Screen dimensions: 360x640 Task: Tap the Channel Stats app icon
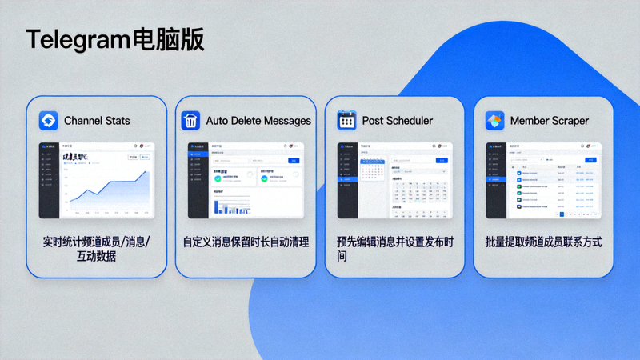tap(49, 121)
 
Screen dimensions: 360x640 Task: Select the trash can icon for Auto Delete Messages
tap(190, 121)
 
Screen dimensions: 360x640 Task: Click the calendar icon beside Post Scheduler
tap(346, 121)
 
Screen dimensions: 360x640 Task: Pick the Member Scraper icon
tap(495, 121)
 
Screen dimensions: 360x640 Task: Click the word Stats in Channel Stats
tap(117, 121)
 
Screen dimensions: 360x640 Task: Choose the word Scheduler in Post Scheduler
tap(408, 121)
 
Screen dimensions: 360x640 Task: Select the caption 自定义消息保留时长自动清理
tap(246, 242)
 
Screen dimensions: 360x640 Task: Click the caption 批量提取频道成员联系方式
tap(543, 242)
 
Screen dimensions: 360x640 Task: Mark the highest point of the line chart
tap(146, 172)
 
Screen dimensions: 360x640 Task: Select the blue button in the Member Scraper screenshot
tap(591, 160)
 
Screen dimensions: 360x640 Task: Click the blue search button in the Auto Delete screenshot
tap(293, 161)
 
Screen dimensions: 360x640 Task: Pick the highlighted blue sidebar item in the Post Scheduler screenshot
tap(348, 178)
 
